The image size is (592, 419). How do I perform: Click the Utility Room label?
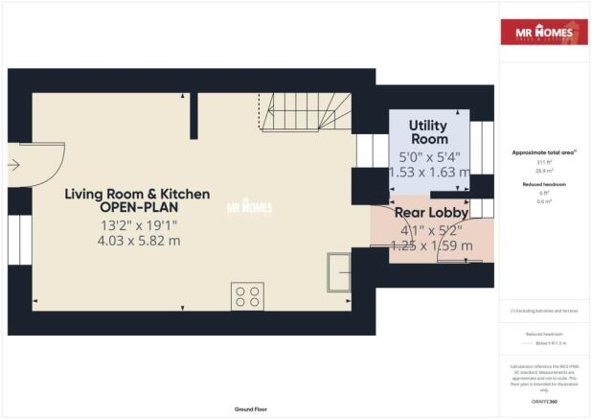coord(428,132)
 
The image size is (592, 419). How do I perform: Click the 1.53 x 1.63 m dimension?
coord(429,173)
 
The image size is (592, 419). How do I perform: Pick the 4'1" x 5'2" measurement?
coord(430,230)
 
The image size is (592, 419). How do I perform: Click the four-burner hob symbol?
coord(246,296)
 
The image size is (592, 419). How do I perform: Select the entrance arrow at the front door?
coord(13,164)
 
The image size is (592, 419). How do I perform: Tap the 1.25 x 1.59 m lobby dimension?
coord(431,246)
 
